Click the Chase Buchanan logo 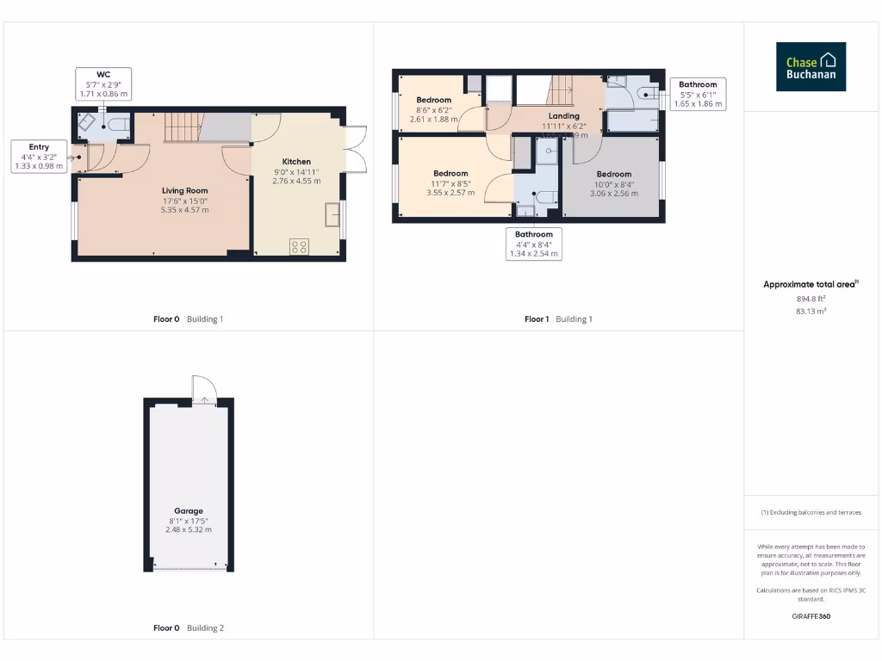(x=811, y=67)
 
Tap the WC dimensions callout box (x=102, y=84)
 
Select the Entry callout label (x=39, y=156)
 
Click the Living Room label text (x=184, y=190)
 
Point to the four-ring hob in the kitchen (x=300, y=247)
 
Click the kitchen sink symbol (x=332, y=214)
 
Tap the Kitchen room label (x=296, y=161)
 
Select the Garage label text (x=188, y=510)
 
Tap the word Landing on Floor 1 (x=564, y=115)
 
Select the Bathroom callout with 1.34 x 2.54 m (x=534, y=244)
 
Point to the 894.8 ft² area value (x=811, y=299)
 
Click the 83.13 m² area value (x=811, y=311)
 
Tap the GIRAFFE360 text (x=811, y=616)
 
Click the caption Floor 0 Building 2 (x=188, y=628)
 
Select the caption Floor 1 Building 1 (x=558, y=319)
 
